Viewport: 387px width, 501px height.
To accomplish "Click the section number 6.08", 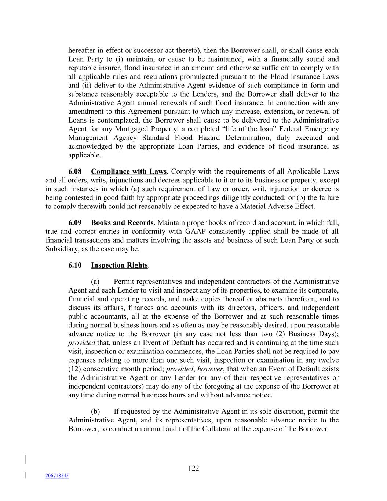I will [x=75, y=171].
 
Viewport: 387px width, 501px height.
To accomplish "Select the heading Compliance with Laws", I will [x=129, y=171].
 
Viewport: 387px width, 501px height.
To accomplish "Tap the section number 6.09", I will [x=75, y=223].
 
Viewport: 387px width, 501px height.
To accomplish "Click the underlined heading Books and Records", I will [x=122, y=223].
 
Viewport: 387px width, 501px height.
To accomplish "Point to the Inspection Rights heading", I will [x=119, y=265].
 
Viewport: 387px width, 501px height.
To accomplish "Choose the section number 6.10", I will [x=75, y=265].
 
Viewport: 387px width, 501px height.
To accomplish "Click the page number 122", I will [x=193, y=468].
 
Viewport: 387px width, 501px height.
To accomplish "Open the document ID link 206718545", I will [x=57, y=476].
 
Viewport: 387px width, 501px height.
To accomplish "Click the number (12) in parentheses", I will [x=74, y=369].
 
